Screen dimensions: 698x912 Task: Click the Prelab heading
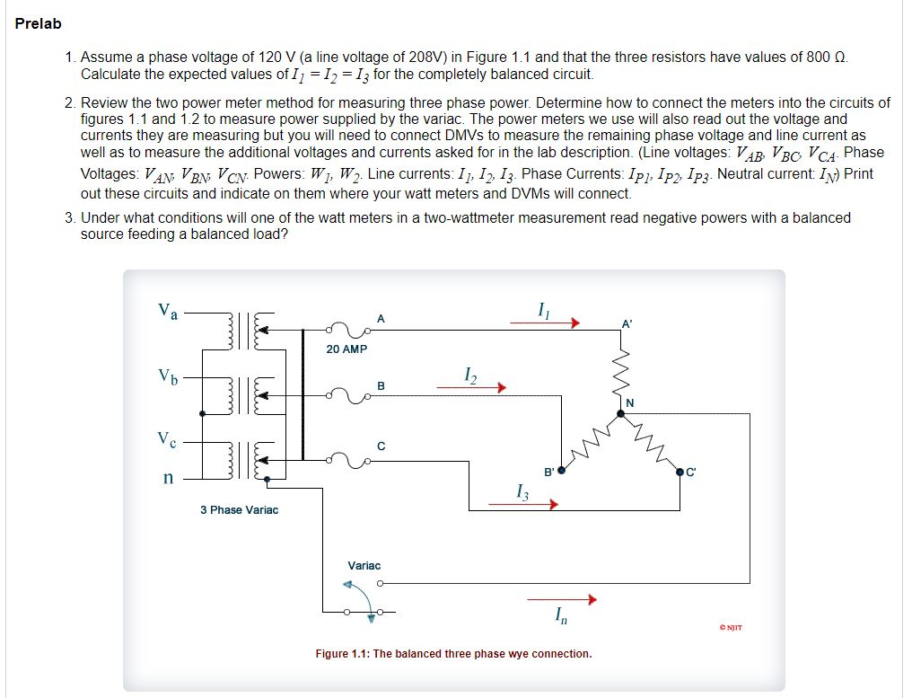38,23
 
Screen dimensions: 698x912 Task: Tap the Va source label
168,311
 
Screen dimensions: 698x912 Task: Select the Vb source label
168,375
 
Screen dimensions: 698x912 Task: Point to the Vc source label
167,439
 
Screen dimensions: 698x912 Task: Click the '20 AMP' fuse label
346,349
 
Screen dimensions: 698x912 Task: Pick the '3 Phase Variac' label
239,510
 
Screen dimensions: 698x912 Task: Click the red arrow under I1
546,323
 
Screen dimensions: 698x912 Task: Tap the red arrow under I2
472,388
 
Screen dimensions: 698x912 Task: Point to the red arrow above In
562,599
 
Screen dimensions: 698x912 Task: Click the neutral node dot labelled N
620,413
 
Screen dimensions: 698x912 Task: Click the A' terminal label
627,323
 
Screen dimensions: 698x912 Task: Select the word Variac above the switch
364,566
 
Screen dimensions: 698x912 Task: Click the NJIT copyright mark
731,627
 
